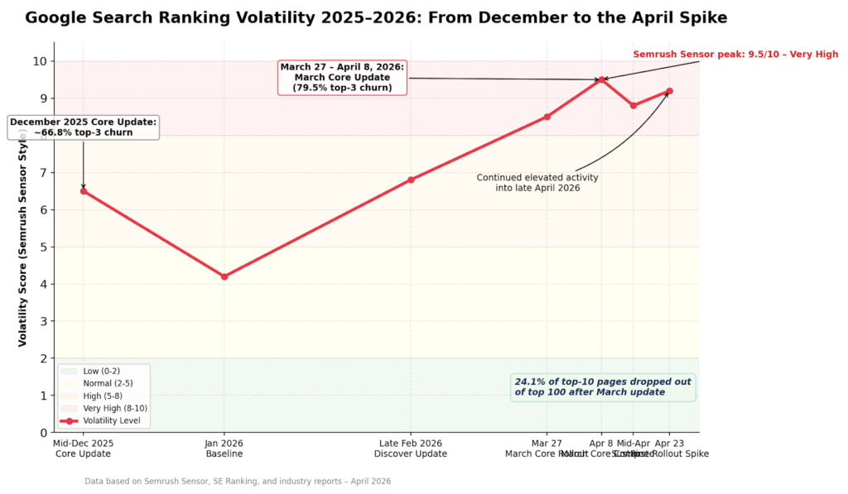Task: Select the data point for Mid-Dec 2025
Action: pos(83,191)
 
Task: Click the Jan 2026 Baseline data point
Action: pos(224,276)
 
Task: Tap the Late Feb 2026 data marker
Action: pos(411,180)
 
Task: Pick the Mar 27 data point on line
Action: pos(547,117)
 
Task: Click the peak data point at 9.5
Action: pos(601,79)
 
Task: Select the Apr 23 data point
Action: pos(669,91)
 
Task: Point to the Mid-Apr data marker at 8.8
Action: pos(634,105)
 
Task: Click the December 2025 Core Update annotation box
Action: pos(83,127)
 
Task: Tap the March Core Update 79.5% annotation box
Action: pos(342,77)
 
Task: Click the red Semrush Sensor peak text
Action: pos(735,55)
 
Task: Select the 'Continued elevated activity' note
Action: pos(537,183)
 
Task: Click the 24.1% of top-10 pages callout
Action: pos(603,386)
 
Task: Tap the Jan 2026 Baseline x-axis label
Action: pos(224,448)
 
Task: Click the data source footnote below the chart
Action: pos(238,481)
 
